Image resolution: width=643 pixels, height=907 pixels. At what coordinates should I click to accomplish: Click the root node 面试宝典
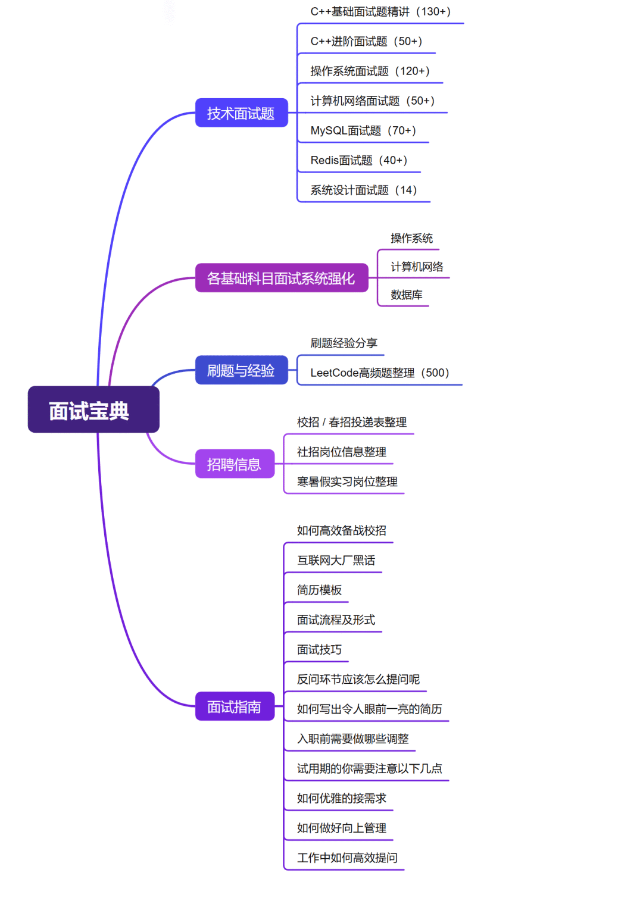(93, 409)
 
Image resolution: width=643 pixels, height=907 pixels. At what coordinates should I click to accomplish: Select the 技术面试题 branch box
(242, 112)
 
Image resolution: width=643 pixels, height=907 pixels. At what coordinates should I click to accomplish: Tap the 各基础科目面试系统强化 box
(282, 278)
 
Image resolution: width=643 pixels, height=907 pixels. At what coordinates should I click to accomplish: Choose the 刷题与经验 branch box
(242, 370)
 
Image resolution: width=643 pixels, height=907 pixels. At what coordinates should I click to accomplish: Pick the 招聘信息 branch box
(235, 464)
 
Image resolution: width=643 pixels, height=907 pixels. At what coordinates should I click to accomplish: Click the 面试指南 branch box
(235, 706)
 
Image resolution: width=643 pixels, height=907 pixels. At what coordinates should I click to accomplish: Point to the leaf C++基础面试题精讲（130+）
(380, 12)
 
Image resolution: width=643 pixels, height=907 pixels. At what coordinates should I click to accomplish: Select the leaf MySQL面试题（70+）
(363, 130)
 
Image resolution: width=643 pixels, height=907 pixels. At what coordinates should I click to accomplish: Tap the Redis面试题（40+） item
(359, 160)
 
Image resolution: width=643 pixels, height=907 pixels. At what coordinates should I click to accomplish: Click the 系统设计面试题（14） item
(364, 190)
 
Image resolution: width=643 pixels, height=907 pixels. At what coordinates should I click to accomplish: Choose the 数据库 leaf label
(407, 295)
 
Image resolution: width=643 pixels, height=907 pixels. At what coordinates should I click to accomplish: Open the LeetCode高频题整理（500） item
(380, 373)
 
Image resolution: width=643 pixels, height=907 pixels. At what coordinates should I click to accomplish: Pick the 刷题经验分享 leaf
(344, 343)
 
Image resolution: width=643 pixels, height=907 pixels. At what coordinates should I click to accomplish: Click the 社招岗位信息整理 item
(342, 452)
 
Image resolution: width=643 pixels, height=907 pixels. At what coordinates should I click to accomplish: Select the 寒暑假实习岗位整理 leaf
(347, 481)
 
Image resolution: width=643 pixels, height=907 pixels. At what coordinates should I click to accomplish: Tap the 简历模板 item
(319, 590)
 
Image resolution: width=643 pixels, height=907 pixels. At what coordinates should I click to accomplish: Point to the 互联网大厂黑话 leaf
(336, 560)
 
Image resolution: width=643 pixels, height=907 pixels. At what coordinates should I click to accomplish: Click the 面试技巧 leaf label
(319, 649)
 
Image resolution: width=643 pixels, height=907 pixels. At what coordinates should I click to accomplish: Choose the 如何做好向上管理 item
(342, 828)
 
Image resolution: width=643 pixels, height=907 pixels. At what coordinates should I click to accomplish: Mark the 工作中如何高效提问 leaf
(347, 858)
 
